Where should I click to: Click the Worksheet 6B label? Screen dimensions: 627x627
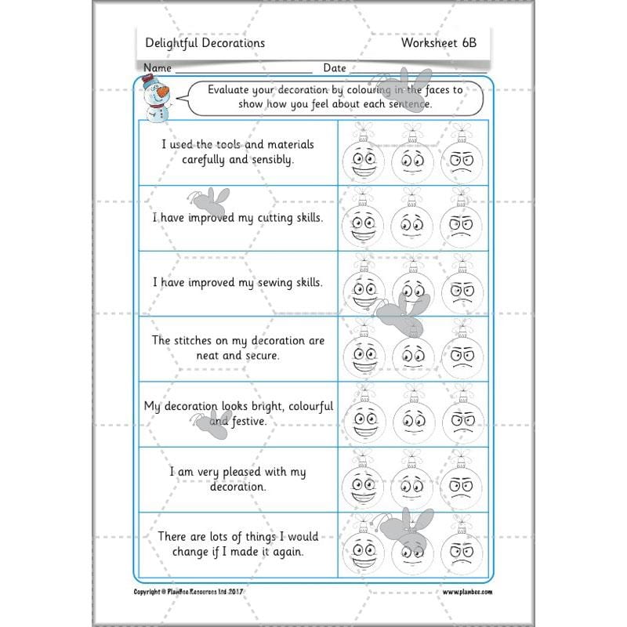438,43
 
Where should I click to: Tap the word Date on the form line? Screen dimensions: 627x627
335,68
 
